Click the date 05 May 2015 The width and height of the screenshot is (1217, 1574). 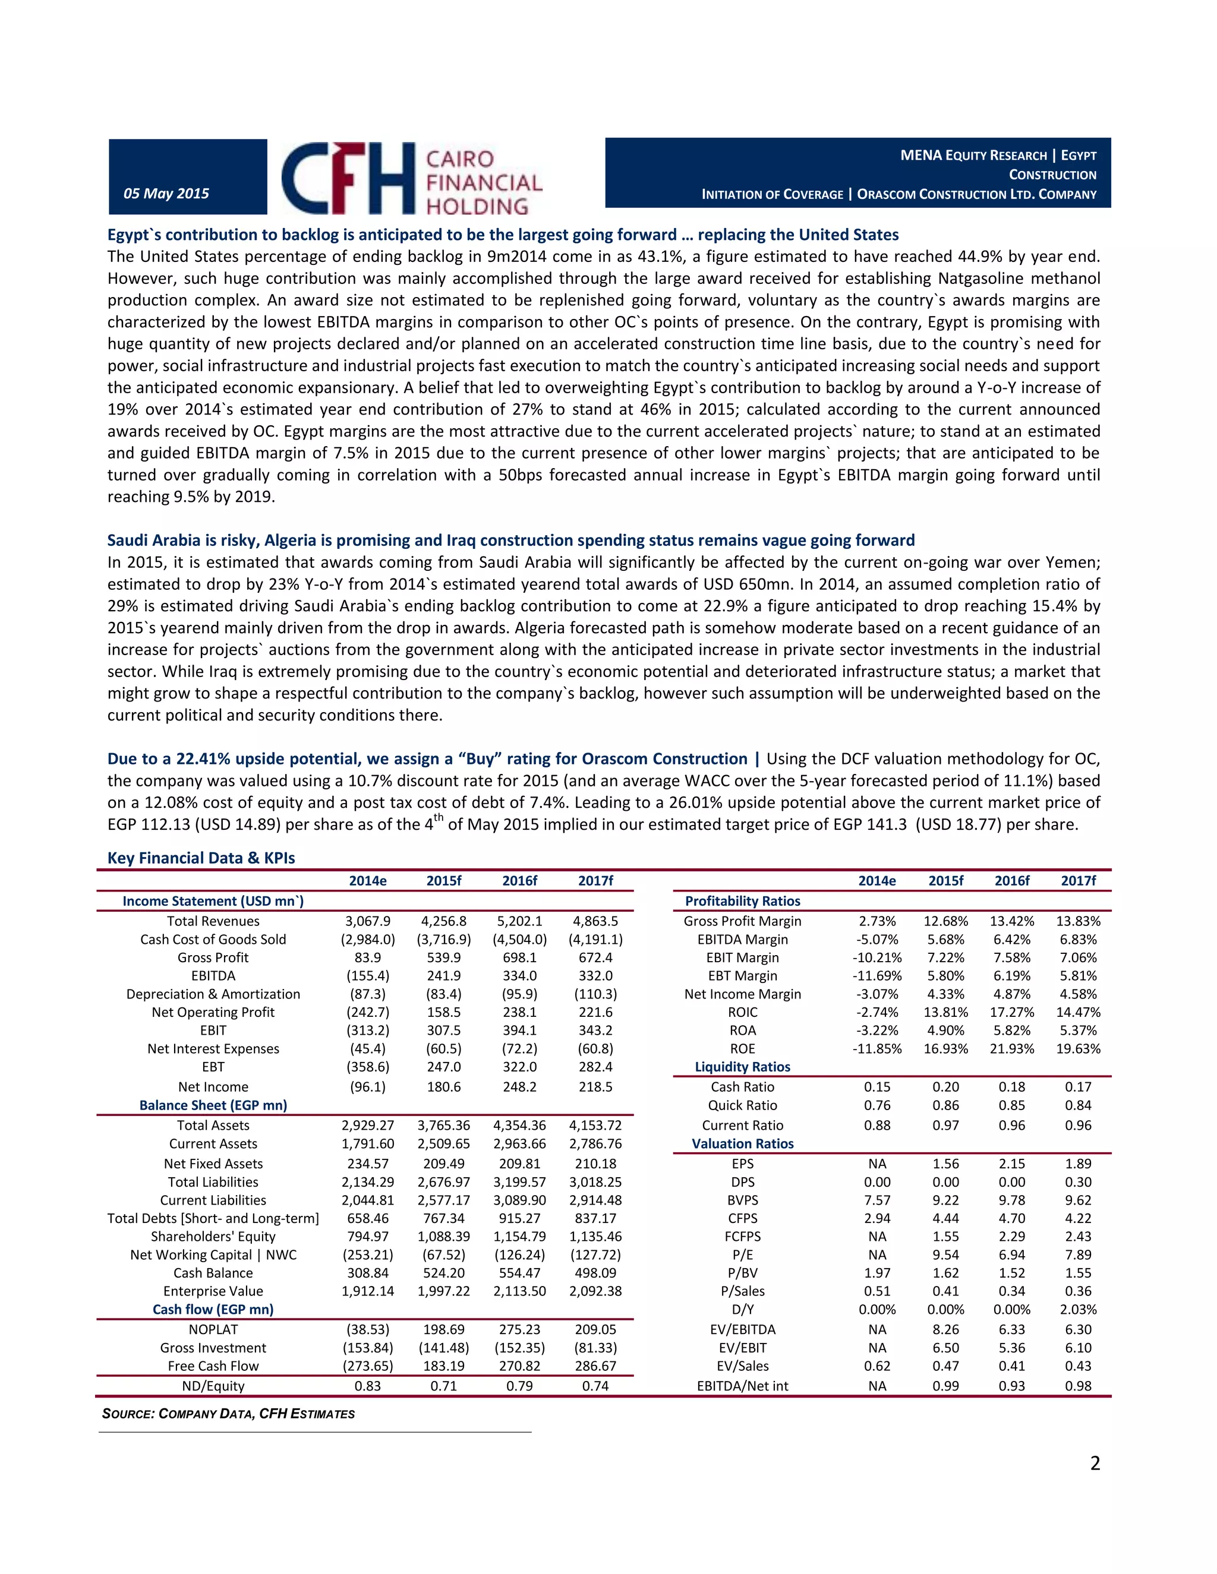click(x=166, y=193)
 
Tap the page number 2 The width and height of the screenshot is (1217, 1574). click(x=1095, y=1463)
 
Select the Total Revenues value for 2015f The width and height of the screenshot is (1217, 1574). click(x=443, y=921)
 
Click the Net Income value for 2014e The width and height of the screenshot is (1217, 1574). click(x=368, y=1087)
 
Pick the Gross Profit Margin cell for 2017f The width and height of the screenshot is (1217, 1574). click(x=1078, y=921)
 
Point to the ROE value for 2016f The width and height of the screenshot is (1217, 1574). click(x=1011, y=1048)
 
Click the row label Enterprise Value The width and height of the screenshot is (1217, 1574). click(x=213, y=1291)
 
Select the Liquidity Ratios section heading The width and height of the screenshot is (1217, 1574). click(x=743, y=1067)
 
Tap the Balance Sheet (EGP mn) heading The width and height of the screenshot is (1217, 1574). click(x=213, y=1105)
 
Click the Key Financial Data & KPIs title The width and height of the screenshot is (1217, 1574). click(x=201, y=858)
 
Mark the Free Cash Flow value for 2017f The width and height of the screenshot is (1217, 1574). click(x=595, y=1366)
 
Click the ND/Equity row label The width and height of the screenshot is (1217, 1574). click(x=213, y=1386)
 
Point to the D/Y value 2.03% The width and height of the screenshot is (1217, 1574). click(x=1078, y=1310)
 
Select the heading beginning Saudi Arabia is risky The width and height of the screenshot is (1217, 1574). click(x=510, y=541)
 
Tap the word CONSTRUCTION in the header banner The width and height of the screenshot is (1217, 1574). click(x=1052, y=175)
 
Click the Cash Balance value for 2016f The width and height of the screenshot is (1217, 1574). click(x=519, y=1273)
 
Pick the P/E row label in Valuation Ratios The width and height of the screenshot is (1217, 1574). click(x=743, y=1254)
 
